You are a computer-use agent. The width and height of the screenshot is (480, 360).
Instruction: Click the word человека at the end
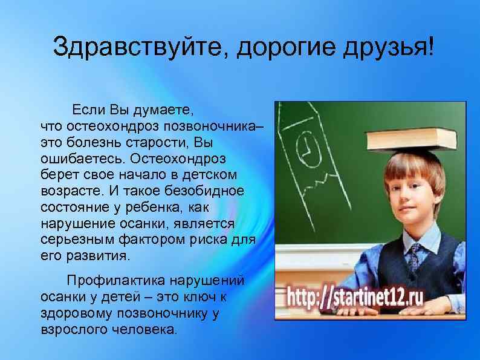click(x=144, y=329)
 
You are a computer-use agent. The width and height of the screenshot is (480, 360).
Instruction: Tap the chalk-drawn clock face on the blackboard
click(x=308, y=148)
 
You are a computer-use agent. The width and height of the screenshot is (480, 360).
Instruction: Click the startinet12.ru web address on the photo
click(x=355, y=298)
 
